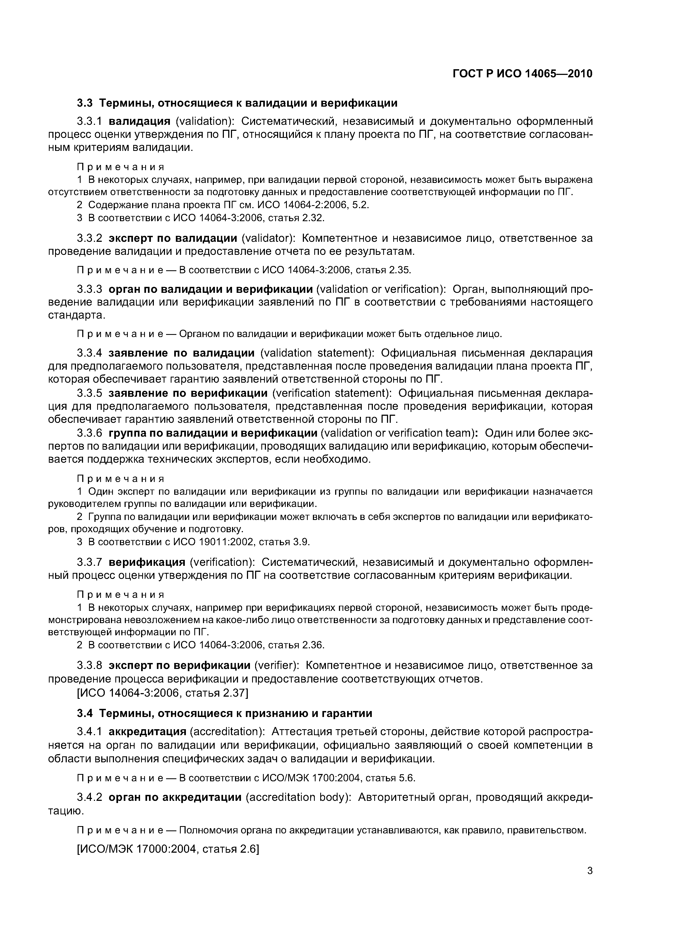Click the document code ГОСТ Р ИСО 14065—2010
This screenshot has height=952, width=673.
click(x=522, y=74)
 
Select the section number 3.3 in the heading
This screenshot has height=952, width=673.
click(x=85, y=103)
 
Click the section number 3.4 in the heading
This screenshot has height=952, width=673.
click(x=85, y=713)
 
